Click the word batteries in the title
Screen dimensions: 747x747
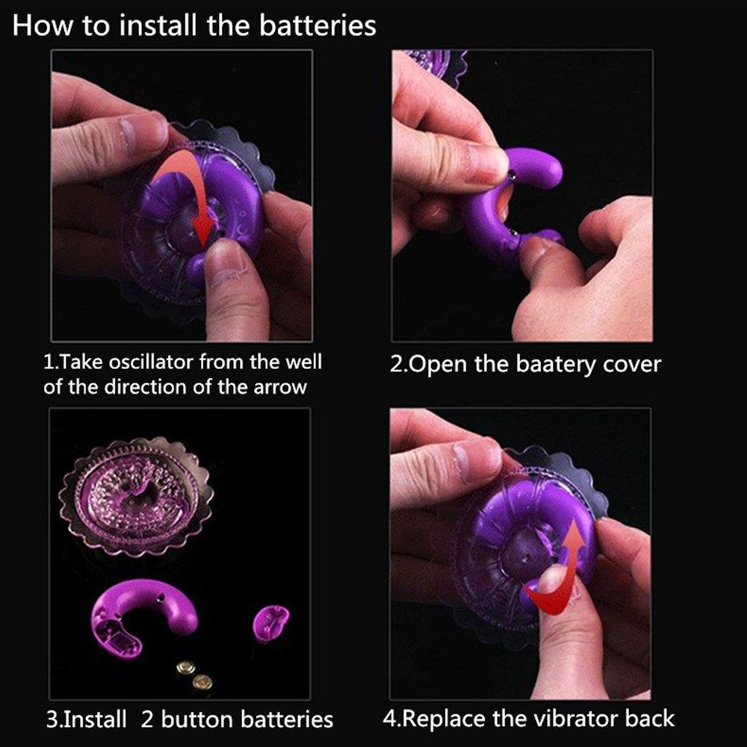(317, 25)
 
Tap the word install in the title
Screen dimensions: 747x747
(158, 25)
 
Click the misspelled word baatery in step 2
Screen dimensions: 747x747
(556, 365)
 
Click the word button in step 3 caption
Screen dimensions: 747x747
(197, 719)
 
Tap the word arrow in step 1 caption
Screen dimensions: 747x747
(280, 387)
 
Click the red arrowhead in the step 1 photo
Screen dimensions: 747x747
(203, 229)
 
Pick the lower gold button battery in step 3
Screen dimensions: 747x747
(202, 682)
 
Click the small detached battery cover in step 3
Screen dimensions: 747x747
(270, 622)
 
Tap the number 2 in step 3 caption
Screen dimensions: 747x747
(147, 720)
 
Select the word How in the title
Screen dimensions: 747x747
(43, 25)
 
